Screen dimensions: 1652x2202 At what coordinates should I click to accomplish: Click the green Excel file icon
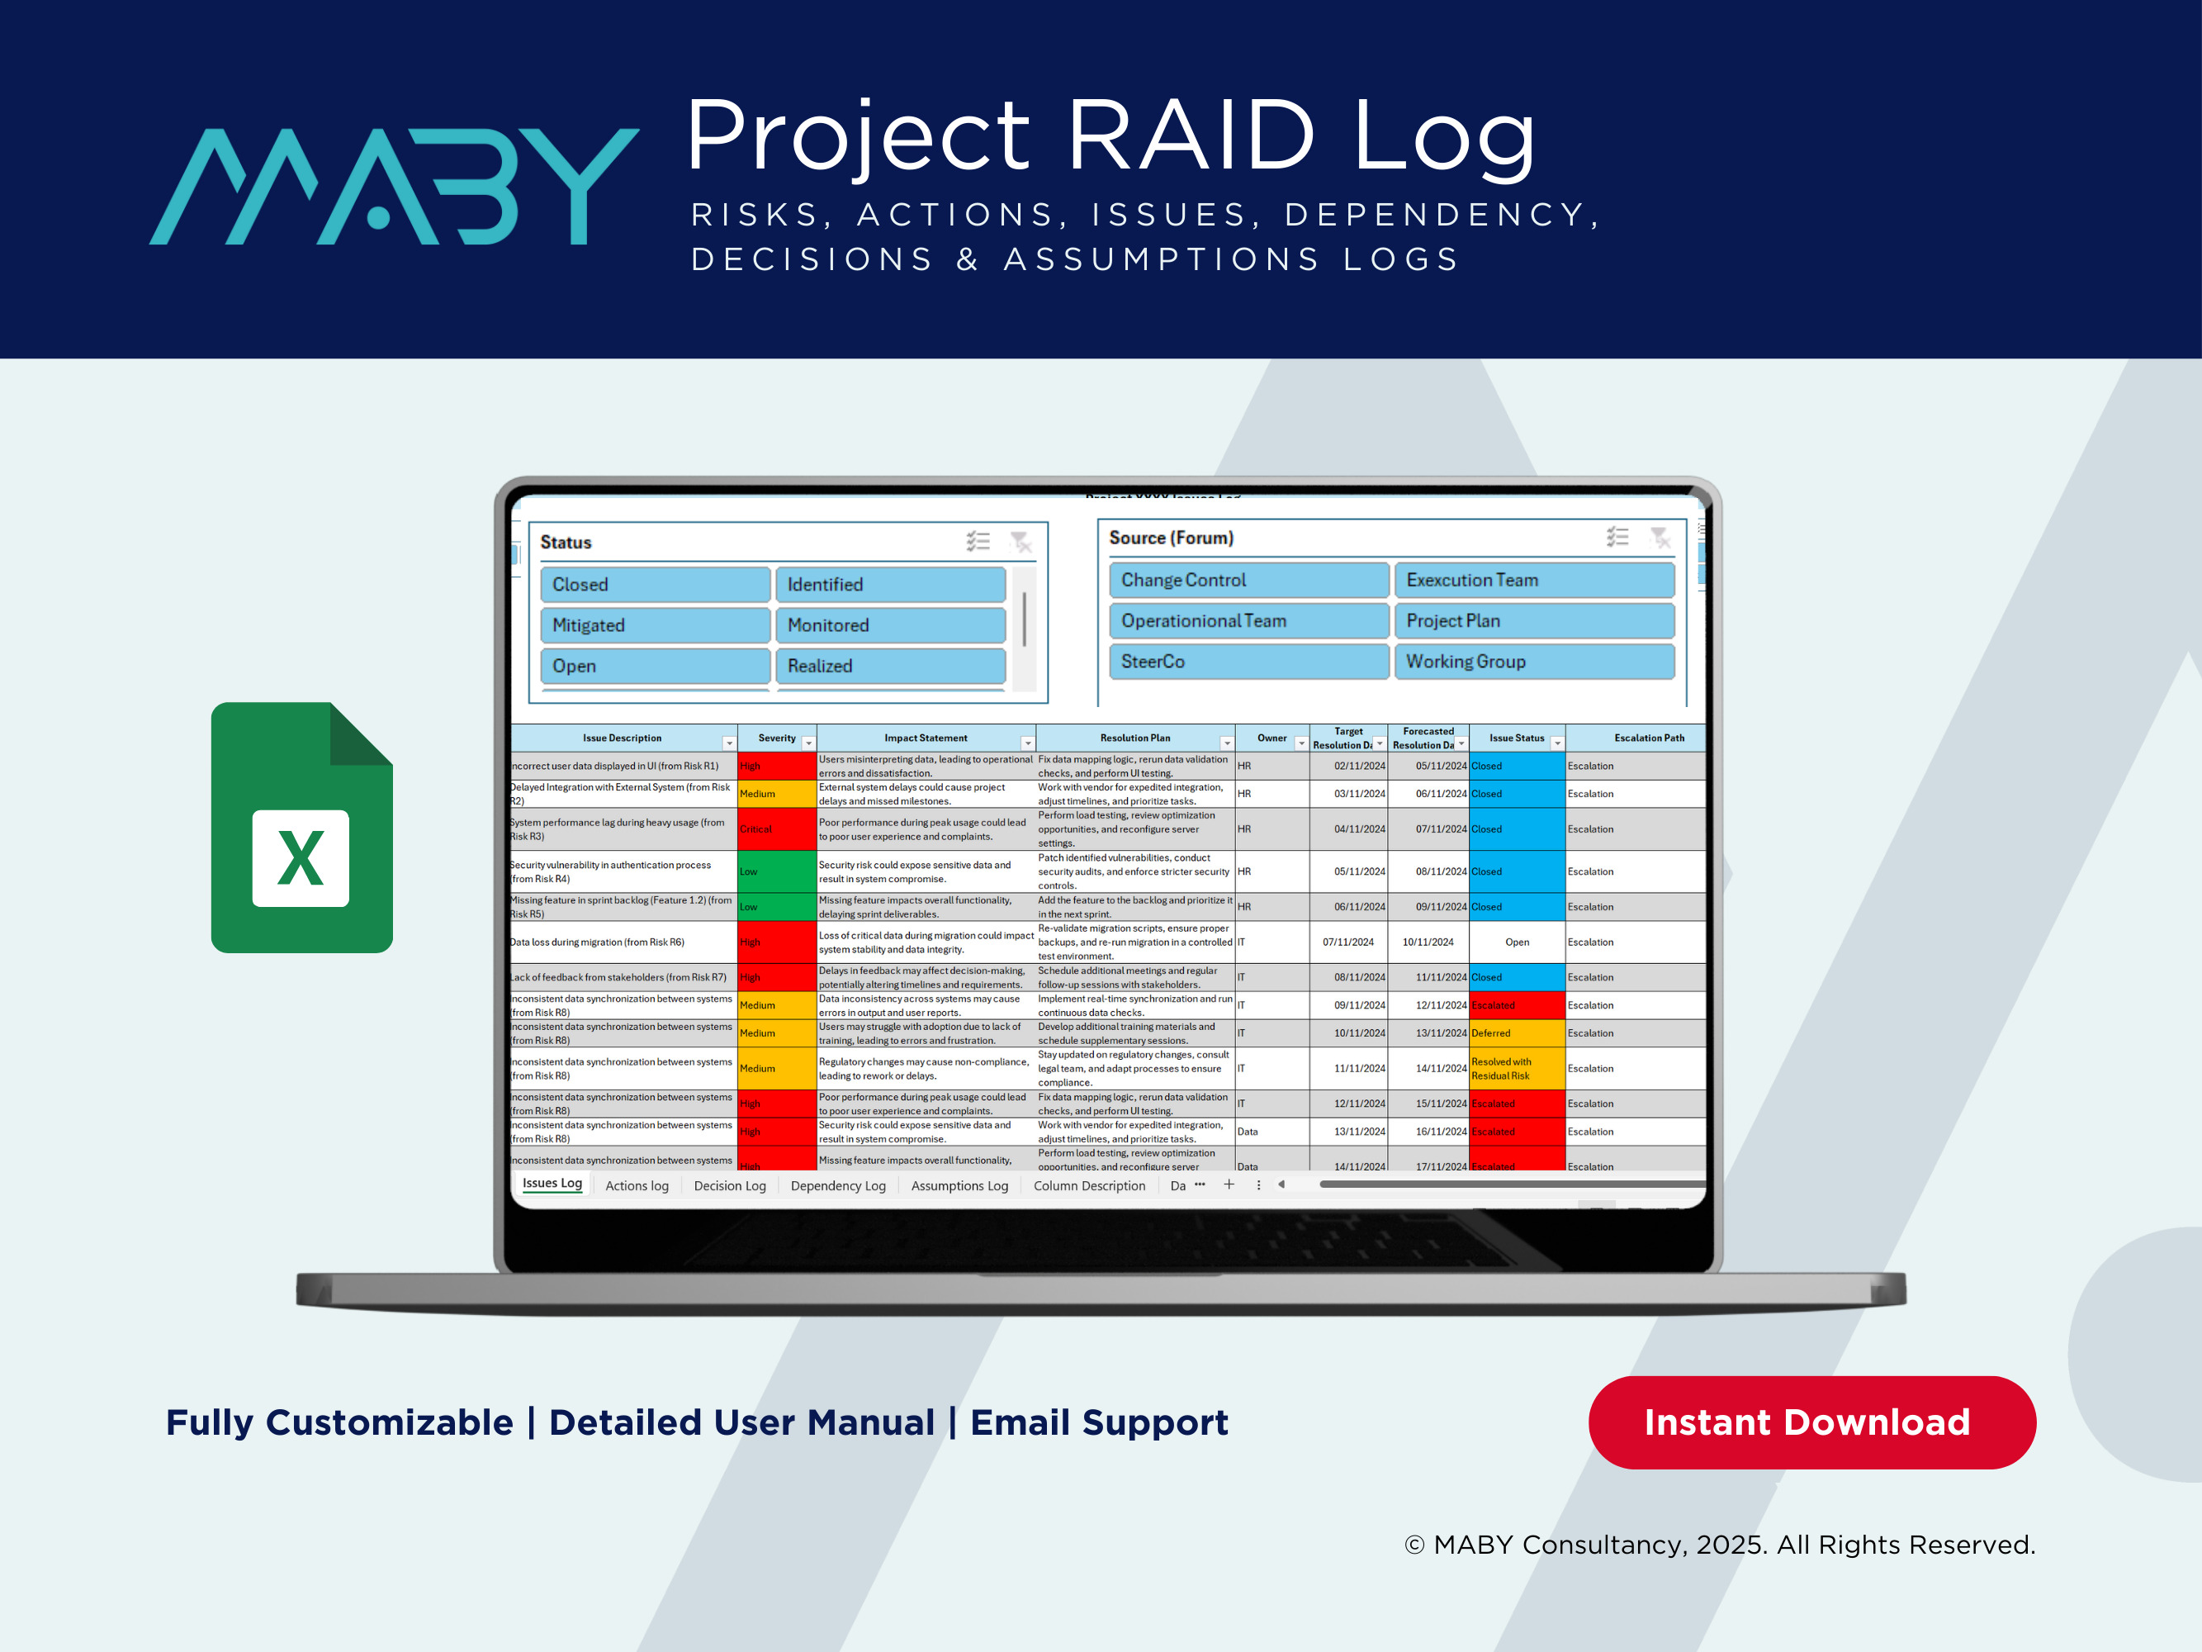coord(301,828)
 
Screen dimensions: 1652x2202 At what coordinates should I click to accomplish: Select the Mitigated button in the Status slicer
coord(654,625)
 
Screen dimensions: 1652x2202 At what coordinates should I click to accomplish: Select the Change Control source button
coord(1248,581)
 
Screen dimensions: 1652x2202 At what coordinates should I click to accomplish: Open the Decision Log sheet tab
coord(730,1186)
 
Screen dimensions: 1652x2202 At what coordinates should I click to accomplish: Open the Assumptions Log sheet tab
coord(959,1186)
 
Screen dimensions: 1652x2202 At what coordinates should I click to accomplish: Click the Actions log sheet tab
coord(637,1186)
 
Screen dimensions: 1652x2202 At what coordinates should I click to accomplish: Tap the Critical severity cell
coord(776,829)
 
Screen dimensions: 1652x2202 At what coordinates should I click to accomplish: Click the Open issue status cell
coord(1516,942)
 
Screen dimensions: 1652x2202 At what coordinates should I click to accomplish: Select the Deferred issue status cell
coord(1516,1033)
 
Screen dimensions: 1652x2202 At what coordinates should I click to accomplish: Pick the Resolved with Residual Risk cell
coord(1516,1069)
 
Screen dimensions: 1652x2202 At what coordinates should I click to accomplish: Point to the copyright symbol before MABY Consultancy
coord(1414,1545)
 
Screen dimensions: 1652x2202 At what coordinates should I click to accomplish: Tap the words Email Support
coord(1099,1423)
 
